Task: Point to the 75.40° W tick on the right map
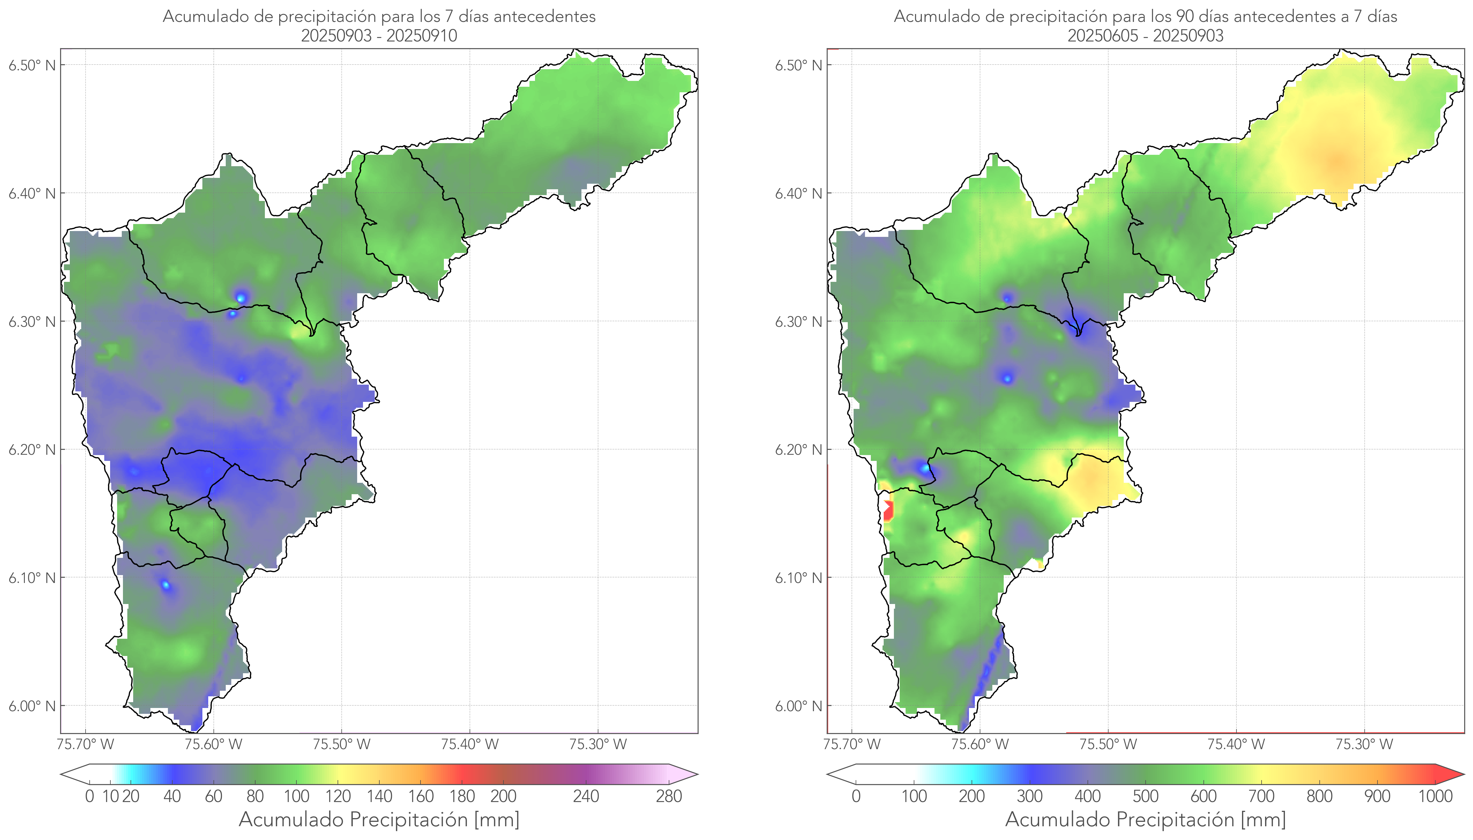[1236, 744]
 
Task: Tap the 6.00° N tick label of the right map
[799, 706]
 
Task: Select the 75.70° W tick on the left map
[86, 744]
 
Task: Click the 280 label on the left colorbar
[669, 796]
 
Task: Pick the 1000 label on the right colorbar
[1435, 796]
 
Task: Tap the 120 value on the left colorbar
[338, 796]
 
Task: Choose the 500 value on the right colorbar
[1145, 796]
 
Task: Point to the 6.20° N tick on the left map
[32, 449]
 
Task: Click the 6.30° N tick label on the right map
[799, 321]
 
